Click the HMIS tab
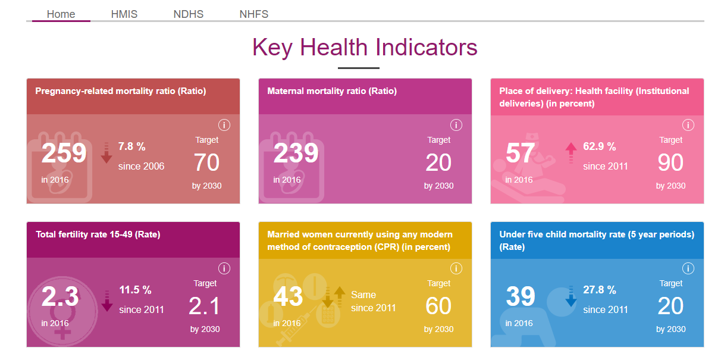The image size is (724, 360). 124,14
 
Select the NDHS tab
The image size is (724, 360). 189,14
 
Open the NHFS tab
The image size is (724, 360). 254,14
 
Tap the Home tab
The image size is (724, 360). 61,14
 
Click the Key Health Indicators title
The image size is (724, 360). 365,48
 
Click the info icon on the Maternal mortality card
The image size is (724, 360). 456,125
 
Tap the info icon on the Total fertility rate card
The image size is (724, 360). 224,268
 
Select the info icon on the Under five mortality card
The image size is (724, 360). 688,268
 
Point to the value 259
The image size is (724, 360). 64,154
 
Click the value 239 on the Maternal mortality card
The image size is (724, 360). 296,154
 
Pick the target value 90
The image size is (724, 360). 670,162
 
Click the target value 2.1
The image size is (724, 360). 205,306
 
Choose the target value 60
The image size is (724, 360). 438,306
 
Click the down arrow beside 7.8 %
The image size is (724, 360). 106,154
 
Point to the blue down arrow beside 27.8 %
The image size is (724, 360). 571,297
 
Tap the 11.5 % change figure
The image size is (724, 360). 135,290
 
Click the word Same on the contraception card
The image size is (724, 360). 363,295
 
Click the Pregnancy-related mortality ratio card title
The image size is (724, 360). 121,91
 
